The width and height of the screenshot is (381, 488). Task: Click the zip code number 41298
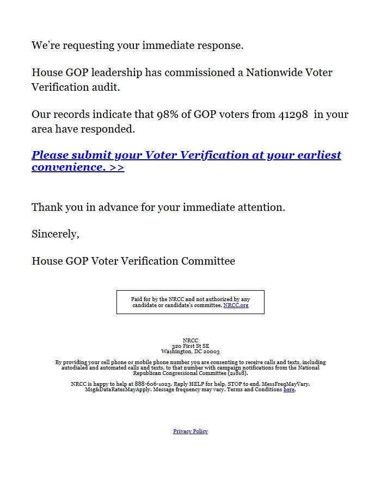pyautogui.click(x=293, y=115)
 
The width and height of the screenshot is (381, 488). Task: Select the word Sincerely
pyautogui.click(x=56, y=234)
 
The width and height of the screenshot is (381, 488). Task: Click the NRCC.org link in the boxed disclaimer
pyautogui.click(x=236, y=305)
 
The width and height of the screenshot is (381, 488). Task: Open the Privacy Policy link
pyautogui.click(x=190, y=431)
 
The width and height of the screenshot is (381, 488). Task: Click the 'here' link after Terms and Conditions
pyautogui.click(x=288, y=390)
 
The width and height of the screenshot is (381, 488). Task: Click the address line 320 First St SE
pyautogui.click(x=190, y=346)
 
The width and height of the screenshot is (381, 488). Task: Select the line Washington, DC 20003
pyautogui.click(x=190, y=352)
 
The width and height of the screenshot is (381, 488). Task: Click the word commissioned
pyautogui.click(x=200, y=73)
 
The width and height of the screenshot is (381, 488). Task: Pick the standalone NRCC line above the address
pyautogui.click(x=190, y=341)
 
